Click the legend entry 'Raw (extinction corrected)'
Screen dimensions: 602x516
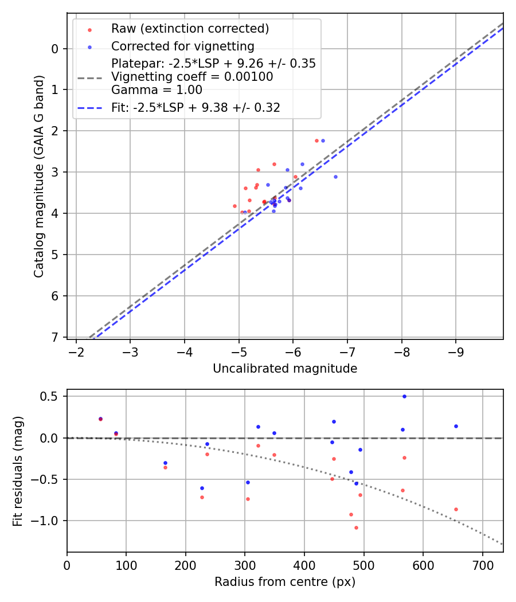190,29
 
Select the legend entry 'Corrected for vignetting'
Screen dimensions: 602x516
182,46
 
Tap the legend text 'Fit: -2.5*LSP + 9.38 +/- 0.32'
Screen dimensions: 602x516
196,107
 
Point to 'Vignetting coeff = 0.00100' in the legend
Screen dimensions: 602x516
191,76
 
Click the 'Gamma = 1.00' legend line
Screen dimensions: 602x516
157,89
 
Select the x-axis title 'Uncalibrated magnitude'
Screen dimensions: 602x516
285,369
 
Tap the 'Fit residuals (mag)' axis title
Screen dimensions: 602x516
18,471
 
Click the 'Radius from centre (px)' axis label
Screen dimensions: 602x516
285,582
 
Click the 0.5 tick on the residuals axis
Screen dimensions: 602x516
52,397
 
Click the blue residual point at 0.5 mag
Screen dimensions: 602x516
404,396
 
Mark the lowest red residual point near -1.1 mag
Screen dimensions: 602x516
356,527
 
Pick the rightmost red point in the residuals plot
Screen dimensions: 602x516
456,509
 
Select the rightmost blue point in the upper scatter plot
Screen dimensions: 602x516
335,177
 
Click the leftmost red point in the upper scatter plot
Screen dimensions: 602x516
234,206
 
